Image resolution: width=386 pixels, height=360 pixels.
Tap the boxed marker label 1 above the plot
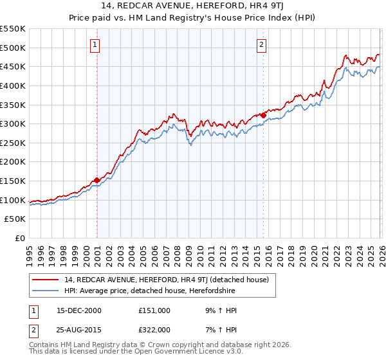pos(95,44)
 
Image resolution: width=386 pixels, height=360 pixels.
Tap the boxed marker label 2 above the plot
pos(262,44)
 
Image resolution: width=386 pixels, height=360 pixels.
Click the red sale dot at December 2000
pos(96,181)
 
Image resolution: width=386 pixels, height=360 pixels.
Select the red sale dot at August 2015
pos(264,115)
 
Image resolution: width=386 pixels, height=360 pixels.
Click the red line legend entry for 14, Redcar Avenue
pos(170,280)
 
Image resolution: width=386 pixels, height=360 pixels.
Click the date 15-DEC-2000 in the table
pos(79,310)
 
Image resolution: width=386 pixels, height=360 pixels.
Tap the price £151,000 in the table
pos(154,310)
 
